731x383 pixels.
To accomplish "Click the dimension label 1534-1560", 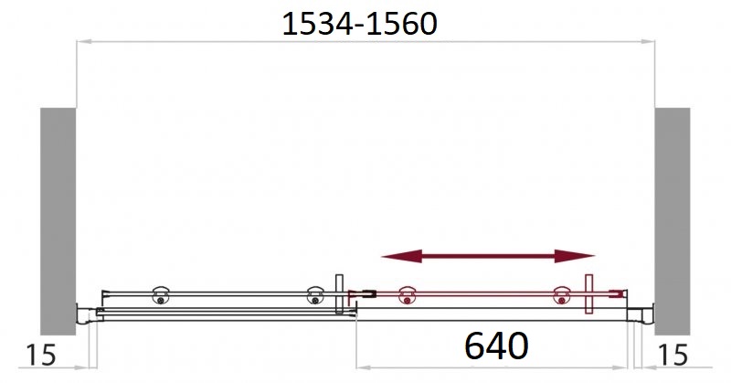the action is point(359,24).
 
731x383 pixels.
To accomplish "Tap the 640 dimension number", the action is point(496,346).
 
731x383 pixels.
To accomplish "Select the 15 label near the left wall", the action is point(40,355).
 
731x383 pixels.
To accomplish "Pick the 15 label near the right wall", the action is point(673,355).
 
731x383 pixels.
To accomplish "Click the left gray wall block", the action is point(58,221).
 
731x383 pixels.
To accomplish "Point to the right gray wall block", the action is point(673,221).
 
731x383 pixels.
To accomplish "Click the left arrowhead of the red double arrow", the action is point(401,256).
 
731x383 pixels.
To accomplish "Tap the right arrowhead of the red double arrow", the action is point(575,256).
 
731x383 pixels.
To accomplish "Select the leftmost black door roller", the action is point(161,296).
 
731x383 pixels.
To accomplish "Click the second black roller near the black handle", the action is point(315,296).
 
